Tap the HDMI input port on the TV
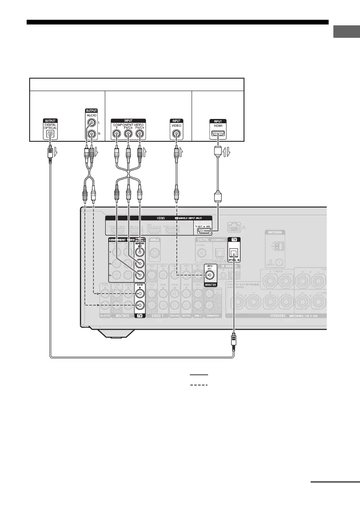pyautogui.click(x=220, y=134)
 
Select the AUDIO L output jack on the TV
pyautogui.click(x=91, y=123)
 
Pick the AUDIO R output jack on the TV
pyautogui.click(x=91, y=134)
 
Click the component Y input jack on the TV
pyautogui.click(x=116, y=134)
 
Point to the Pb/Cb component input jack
pyautogui.click(x=128, y=134)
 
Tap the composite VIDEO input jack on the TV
pyautogui.click(x=176, y=134)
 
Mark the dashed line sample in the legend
pyautogui.click(x=199, y=384)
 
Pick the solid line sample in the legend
pyautogui.click(x=199, y=375)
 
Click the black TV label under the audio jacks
pyautogui.click(x=139, y=315)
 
